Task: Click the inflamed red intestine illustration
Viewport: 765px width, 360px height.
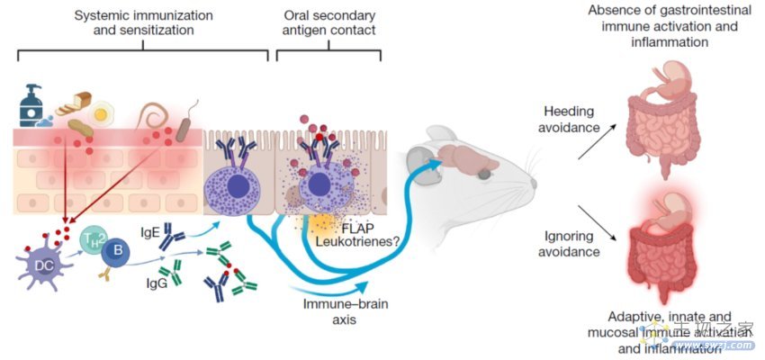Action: click(670, 247)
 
